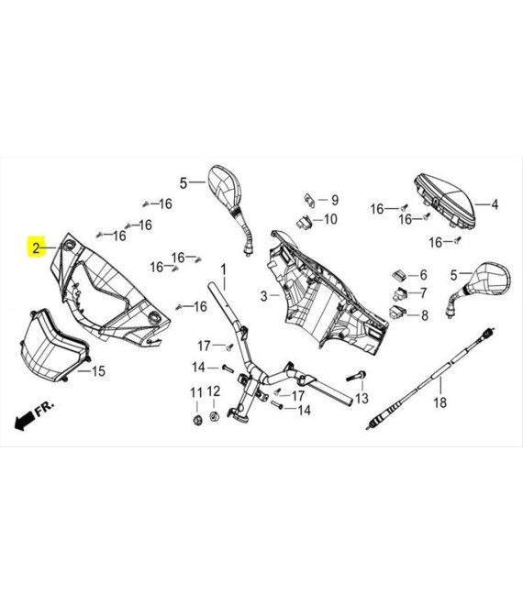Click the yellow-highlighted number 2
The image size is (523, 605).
coord(36,248)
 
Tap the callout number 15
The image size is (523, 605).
coord(98,371)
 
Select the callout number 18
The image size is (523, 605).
coord(440,402)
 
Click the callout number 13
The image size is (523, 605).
coord(362,398)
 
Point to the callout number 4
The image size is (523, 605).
coord(495,204)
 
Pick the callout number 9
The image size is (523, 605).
coord(335,200)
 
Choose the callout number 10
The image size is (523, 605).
coord(330,219)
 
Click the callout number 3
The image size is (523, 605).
coord(263,296)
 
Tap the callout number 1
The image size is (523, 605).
coord(223,269)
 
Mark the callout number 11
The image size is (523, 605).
coord(196,392)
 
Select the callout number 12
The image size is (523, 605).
coord(214,391)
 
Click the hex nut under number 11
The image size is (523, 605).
coord(197,420)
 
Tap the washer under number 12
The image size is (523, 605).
coord(214,417)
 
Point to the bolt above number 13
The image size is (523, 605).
coord(357,376)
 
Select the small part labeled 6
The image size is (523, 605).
coord(399,275)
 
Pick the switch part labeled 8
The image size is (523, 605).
coord(397,313)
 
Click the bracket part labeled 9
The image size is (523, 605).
coord(309,201)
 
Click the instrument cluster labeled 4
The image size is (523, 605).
coord(445,203)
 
